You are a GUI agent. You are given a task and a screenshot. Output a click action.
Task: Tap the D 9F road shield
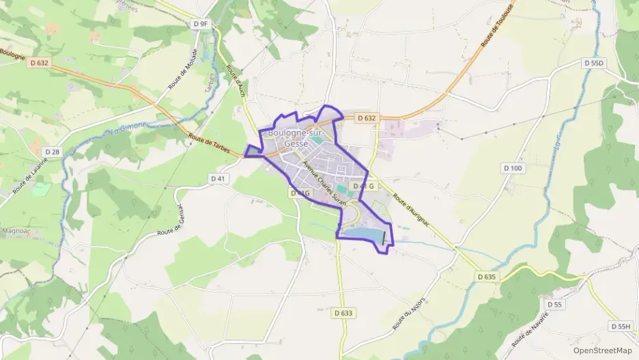point(200,24)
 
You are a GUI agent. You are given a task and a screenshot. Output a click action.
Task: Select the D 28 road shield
point(51,151)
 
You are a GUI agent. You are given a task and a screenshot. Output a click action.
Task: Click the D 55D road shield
point(595,63)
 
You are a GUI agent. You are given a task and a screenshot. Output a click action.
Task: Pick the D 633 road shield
point(344,313)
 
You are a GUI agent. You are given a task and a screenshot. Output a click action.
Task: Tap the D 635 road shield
point(486,277)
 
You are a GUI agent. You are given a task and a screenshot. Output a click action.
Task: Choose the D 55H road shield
point(621,327)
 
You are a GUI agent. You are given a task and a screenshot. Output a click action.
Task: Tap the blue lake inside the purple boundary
point(362,234)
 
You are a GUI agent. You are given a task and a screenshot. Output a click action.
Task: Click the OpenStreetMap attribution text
point(602,350)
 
